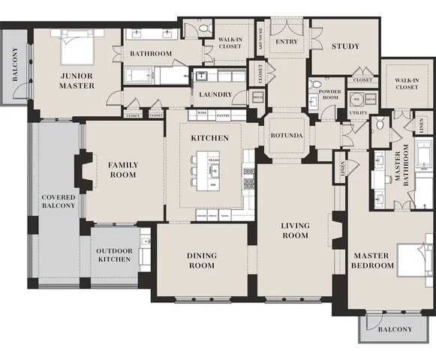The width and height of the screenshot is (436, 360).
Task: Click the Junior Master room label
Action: (77, 81)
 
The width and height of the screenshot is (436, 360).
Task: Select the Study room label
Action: (345, 46)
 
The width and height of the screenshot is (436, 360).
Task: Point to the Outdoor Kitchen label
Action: (114, 255)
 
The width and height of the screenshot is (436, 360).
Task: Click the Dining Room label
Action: (201, 260)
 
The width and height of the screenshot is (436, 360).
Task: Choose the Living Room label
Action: (295, 230)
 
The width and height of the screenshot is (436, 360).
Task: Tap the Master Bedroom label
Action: (373, 260)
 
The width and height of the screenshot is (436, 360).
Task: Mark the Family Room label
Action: (122, 169)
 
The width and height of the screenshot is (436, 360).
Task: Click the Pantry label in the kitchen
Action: (223, 116)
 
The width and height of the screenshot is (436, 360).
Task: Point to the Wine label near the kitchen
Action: (201, 113)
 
